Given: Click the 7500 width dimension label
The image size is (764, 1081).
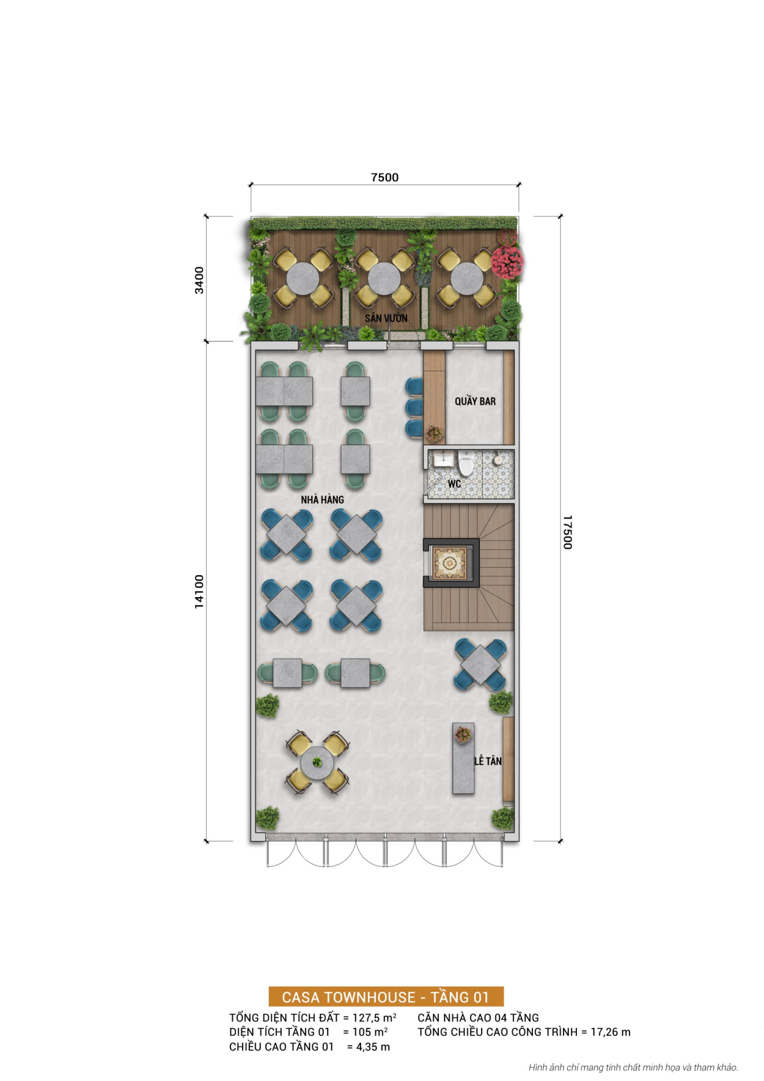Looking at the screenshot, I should pos(384,177).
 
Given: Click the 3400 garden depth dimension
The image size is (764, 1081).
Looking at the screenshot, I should pos(199,280).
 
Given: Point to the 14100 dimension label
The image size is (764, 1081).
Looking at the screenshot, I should pos(199,591).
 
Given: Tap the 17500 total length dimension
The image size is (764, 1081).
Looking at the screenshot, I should pos(567,532).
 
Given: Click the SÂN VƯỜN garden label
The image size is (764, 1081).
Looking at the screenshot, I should pos(386,318).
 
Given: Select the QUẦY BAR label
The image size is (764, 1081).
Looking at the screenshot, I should pos(475,401).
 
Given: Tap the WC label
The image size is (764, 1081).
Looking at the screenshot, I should pos(454,483).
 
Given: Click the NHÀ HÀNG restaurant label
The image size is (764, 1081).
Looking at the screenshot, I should pos(322,499).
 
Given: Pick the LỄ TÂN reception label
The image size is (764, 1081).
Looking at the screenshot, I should pos(488,761).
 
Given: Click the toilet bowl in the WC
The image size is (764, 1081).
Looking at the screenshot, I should pos(467,466).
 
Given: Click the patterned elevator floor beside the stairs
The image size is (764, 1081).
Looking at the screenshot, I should pos(450,563).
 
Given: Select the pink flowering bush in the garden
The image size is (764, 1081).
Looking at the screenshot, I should pos(507,261).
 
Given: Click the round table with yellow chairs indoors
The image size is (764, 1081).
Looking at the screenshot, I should pos(317,762).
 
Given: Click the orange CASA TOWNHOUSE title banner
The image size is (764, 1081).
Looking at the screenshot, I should pos(386,997).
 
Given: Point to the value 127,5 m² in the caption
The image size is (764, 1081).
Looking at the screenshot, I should pos(374,1017).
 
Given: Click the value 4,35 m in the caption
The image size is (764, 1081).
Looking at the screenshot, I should pos(368,1047).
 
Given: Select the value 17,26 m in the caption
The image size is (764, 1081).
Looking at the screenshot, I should pos(610,1032).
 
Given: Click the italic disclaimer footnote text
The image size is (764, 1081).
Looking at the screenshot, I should pos(633,1068).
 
